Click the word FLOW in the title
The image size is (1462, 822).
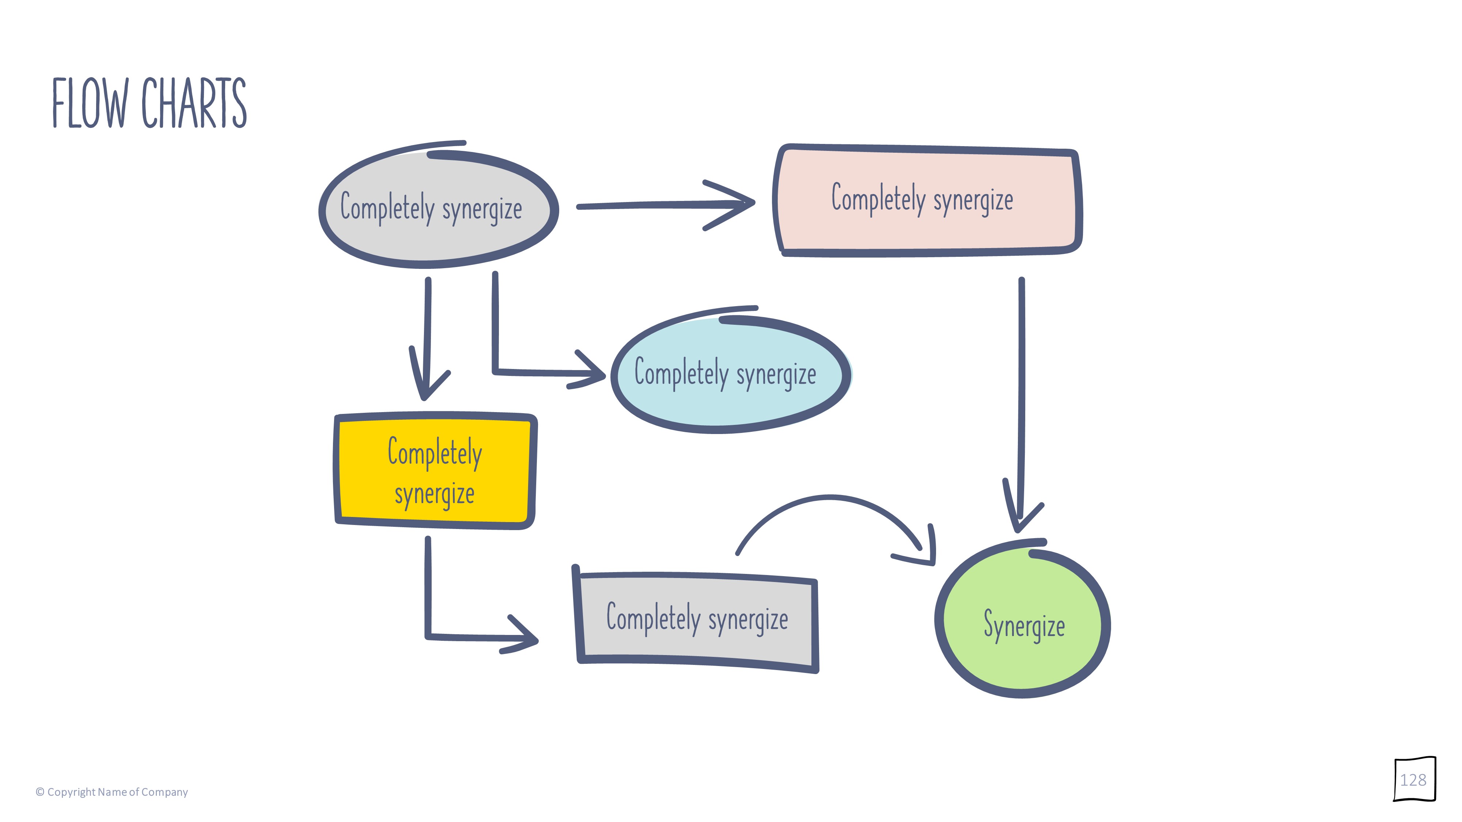[90, 103]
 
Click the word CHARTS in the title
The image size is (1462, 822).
[194, 103]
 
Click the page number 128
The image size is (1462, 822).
[1413, 780]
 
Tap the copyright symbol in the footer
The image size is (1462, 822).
[40, 792]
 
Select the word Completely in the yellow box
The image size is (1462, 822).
[435, 453]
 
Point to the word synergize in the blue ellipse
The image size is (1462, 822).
[776, 374]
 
